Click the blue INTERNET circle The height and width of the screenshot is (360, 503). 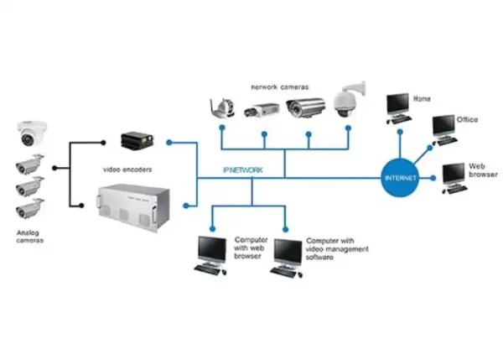(399, 178)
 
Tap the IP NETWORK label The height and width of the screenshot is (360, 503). (243, 170)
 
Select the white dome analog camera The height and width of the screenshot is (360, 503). (30, 132)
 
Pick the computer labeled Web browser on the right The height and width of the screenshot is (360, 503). (454, 175)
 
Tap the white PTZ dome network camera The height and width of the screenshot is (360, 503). (346, 102)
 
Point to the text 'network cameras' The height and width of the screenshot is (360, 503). (277, 86)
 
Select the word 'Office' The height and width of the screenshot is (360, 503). (467, 120)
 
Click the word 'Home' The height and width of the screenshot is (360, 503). (422, 99)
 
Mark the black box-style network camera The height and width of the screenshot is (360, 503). (261, 110)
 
